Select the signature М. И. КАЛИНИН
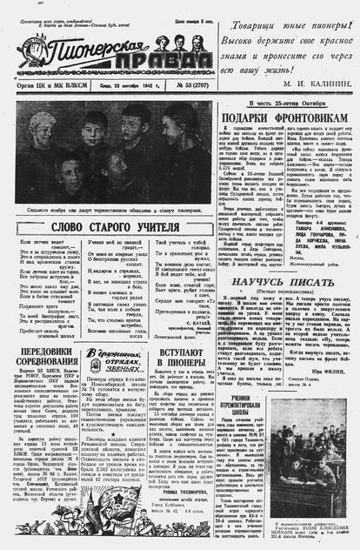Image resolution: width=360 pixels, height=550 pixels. click(x=317, y=84)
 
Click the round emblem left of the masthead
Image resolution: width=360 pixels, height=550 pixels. click(x=24, y=52)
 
